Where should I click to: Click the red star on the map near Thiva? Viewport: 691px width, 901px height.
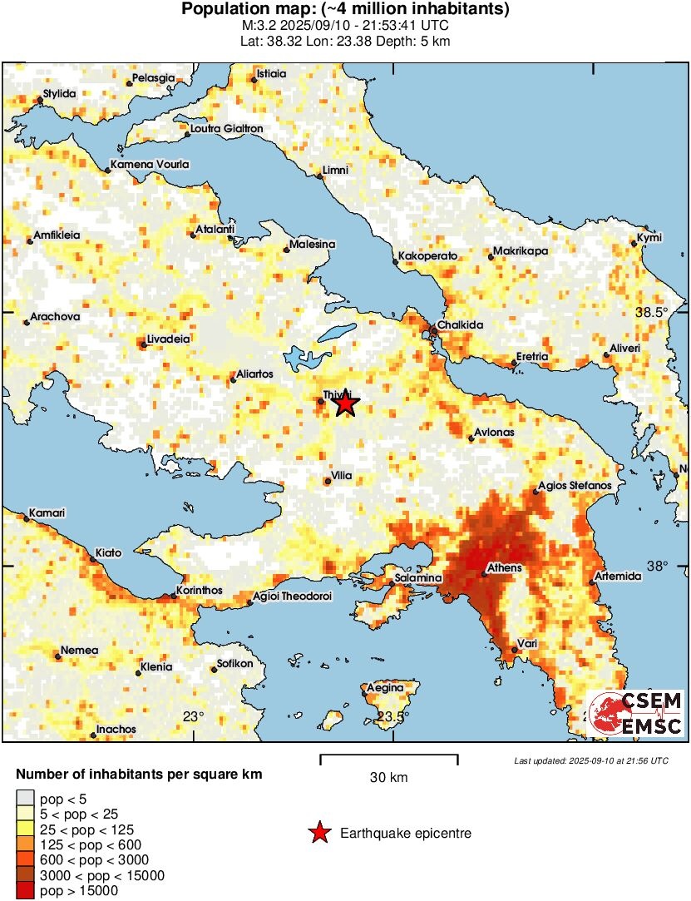point(345,404)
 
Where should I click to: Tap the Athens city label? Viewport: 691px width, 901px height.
point(504,568)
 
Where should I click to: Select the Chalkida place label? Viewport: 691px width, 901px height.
point(458,325)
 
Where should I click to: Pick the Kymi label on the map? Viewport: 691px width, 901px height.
point(649,239)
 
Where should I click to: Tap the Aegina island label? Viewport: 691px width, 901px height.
point(385,688)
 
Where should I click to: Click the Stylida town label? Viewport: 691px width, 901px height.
point(60,94)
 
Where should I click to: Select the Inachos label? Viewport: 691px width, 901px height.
point(116,730)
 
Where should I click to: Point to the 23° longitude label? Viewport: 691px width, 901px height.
point(193,716)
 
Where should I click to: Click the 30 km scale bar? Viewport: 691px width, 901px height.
point(389,757)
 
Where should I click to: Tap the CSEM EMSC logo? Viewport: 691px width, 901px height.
point(636,713)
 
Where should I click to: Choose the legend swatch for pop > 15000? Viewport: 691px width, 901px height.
point(27,890)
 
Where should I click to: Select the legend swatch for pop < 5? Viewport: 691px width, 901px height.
point(27,800)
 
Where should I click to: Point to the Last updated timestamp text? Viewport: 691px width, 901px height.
point(590,760)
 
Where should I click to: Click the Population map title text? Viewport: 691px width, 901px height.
point(345,10)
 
